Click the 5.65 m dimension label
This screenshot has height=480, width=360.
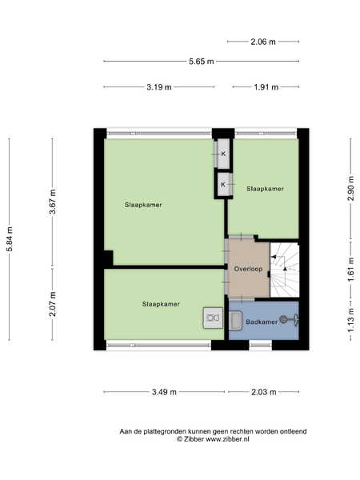pos(201,62)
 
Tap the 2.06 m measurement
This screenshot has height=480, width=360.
pos(263,42)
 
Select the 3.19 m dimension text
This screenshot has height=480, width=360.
pos(159,87)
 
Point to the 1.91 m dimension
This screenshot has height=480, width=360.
pos(266,87)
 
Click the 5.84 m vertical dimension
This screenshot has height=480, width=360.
pos(10,239)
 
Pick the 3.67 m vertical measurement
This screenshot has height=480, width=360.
pos(53,202)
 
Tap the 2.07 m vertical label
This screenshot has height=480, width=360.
pos(53,304)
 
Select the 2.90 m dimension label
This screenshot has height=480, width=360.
pos(351,188)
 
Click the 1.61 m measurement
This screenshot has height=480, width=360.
pos(351,270)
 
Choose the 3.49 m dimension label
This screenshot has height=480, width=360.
pos(164,392)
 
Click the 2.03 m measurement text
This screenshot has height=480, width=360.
pos(263,392)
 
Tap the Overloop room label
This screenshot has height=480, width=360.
pos(248,269)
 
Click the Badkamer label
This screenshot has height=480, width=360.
pos(262,322)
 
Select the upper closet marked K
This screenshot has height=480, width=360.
pos(223,154)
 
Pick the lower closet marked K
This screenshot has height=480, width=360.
pos(223,185)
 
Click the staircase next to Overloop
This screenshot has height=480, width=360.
pos(284,270)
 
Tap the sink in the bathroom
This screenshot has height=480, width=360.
pos(236,321)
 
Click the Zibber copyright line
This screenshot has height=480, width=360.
pos(213,439)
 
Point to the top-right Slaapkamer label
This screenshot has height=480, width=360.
pos(265,189)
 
